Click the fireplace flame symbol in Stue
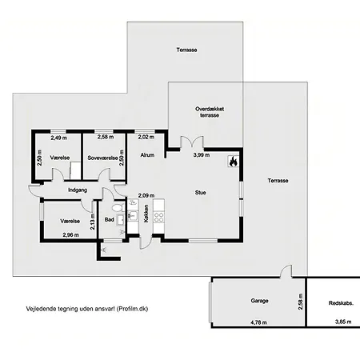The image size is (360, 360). [x=234, y=162]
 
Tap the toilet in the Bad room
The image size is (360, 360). [x=118, y=207]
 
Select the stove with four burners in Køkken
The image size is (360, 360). [x=159, y=217]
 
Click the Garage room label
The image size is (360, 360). [x=259, y=301]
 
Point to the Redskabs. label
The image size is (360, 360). [x=341, y=303]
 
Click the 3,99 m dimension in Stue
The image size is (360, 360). [x=201, y=155]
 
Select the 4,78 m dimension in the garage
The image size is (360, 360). [x=258, y=322]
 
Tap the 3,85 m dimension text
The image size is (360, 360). [x=343, y=322]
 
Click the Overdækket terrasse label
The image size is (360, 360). [x=210, y=112]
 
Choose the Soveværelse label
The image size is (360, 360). [x=102, y=158]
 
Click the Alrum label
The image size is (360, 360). [x=147, y=155]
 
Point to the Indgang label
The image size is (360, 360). [x=78, y=190]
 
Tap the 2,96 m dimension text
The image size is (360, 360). [x=70, y=235]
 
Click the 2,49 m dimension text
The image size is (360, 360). [x=59, y=138]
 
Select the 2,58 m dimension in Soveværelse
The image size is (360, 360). [x=106, y=137]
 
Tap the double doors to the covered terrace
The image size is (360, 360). [x=192, y=142]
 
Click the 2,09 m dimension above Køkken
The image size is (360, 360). [x=146, y=195]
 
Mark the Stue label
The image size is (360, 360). [x=200, y=193]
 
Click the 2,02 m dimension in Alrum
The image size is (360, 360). [x=146, y=137]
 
